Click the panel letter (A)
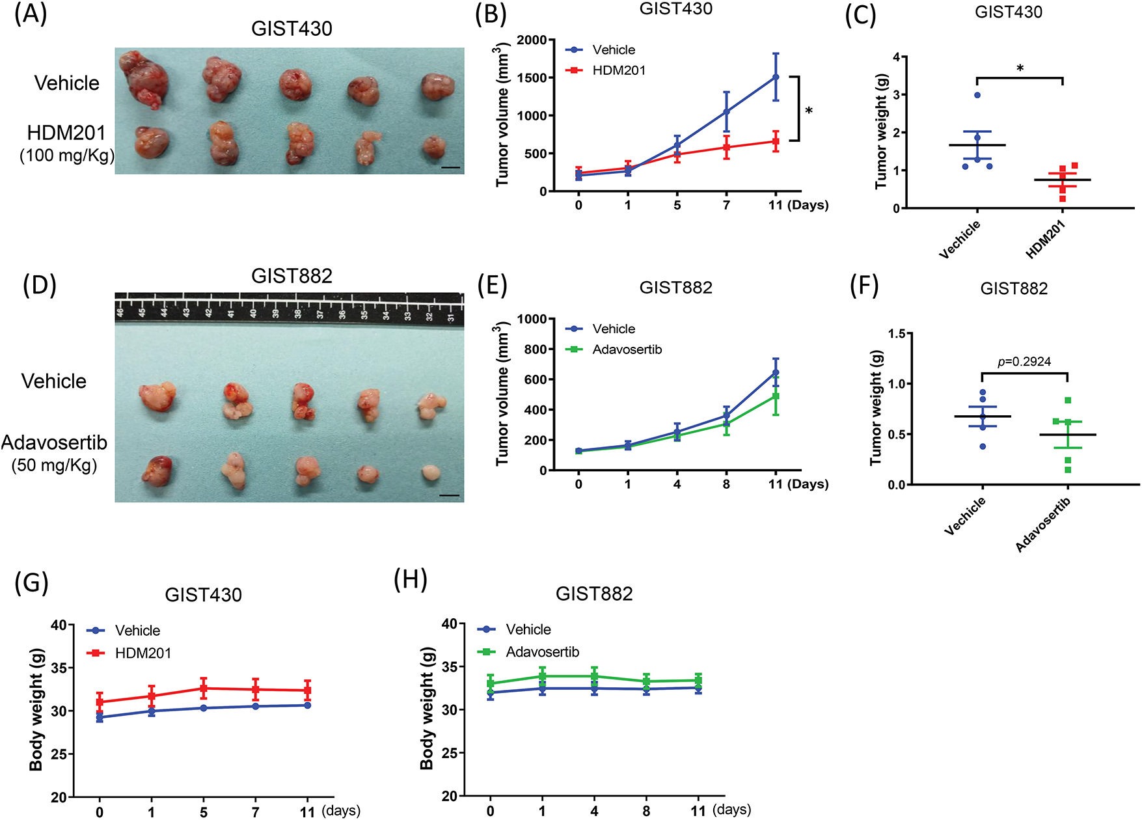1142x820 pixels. click(x=31, y=14)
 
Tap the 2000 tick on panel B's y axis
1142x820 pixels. click(x=532, y=40)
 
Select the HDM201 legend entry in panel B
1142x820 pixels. click(x=618, y=70)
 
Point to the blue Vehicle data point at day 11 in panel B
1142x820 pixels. click(x=775, y=77)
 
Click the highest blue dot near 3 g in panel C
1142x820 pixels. click(x=977, y=96)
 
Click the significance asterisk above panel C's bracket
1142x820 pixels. click(x=1020, y=68)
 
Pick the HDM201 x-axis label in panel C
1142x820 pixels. click(x=1045, y=239)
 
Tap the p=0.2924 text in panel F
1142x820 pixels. click(x=1024, y=362)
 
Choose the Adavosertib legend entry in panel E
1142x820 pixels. click(x=627, y=349)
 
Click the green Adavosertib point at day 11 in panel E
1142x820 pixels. click(x=775, y=396)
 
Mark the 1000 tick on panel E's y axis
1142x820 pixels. click(x=532, y=319)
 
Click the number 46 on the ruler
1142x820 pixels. click(x=120, y=313)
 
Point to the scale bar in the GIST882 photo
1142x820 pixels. click(x=449, y=495)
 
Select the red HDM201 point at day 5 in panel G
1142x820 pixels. click(x=204, y=688)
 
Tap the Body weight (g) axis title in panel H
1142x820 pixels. click(x=427, y=709)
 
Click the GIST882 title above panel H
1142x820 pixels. click(x=594, y=594)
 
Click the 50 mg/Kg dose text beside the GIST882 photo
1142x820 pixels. click(x=55, y=465)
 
